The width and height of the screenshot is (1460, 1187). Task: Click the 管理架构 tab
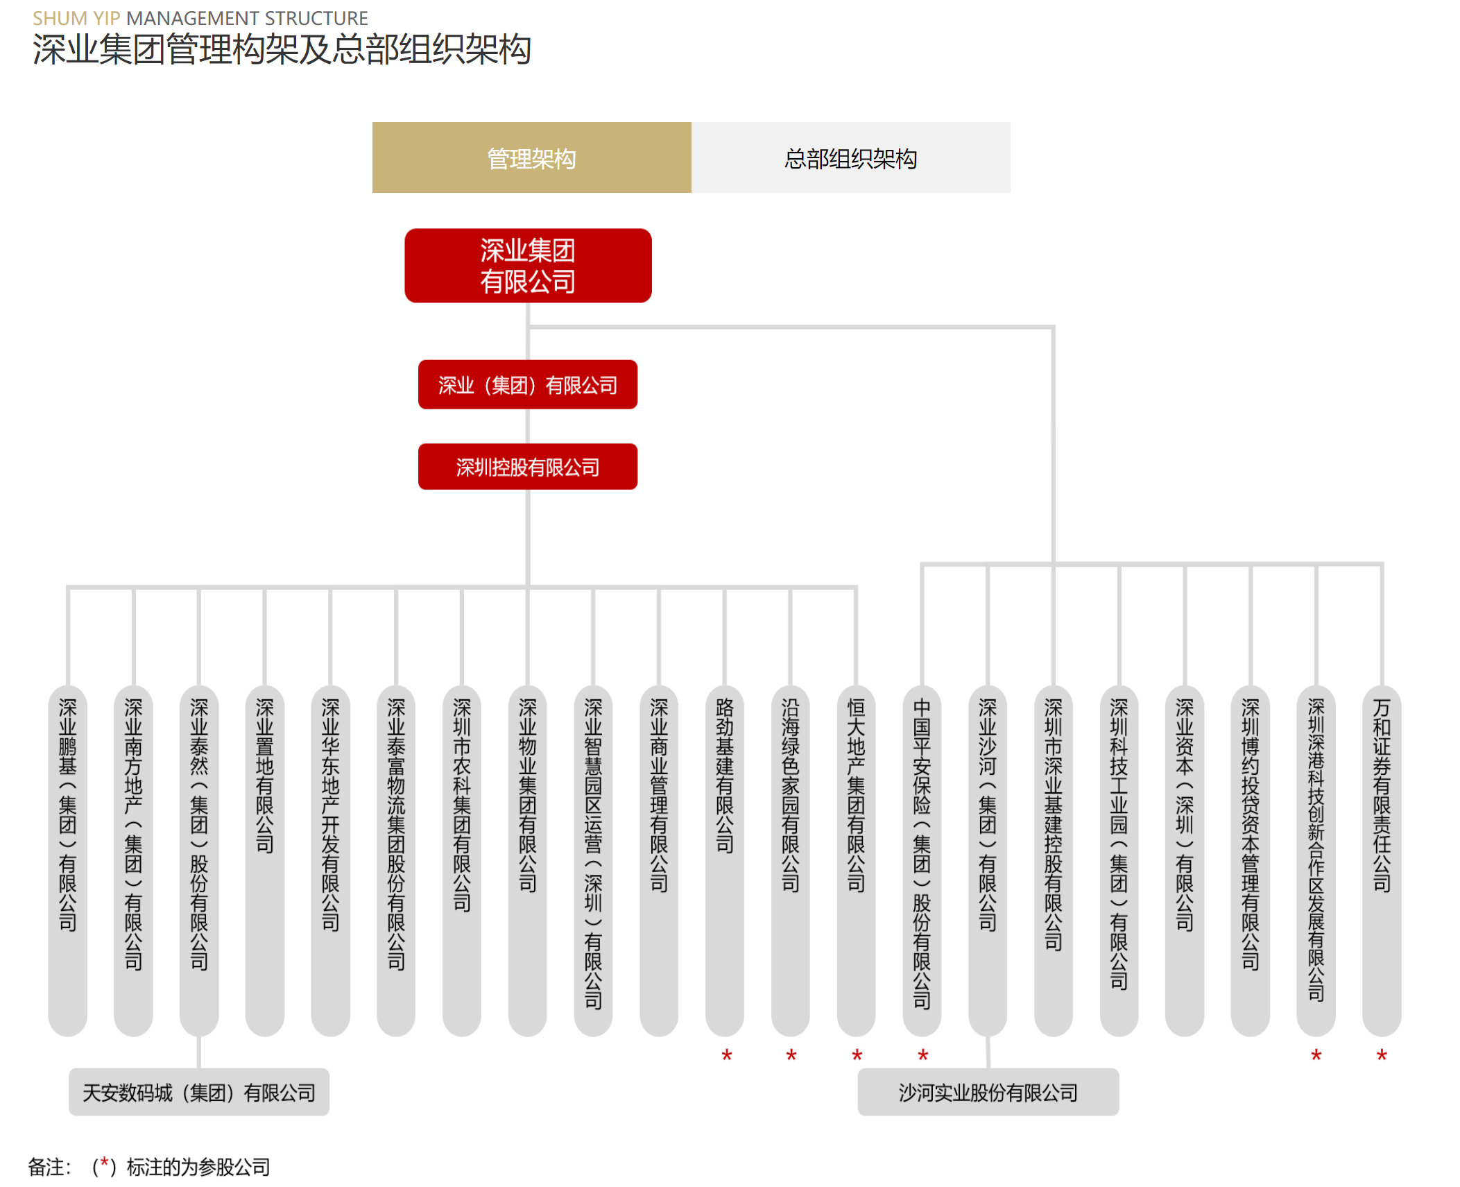(x=531, y=157)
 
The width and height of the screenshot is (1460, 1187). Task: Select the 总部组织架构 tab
(x=850, y=157)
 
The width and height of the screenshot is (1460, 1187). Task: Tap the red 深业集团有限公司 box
(x=528, y=266)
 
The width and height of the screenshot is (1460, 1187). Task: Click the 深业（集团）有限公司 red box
(x=528, y=384)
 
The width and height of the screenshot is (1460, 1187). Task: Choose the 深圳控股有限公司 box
(x=528, y=466)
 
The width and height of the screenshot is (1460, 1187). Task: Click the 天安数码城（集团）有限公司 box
(x=199, y=1092)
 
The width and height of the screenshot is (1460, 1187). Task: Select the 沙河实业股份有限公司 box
(x=988, y=1092)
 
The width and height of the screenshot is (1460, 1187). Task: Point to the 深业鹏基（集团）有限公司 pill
(x=68, y=860)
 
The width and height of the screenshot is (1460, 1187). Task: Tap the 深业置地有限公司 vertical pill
(x=265, y=860)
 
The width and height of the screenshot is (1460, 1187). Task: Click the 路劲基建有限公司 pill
(x=725, y=860)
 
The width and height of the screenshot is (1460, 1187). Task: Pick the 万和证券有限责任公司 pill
(x=1382, y=860)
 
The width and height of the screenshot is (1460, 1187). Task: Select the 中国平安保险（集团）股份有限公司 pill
(x=922, y=860)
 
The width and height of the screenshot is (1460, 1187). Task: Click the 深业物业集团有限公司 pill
(x=528, y=860)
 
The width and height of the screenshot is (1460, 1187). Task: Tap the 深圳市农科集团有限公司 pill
(x=462, y=860)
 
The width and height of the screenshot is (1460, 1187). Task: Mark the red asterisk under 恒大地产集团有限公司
(x=857, y=1055)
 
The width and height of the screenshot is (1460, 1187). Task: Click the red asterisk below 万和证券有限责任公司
(x=1382, y=1055)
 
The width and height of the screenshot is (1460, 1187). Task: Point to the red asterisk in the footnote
(x=104, y=1163)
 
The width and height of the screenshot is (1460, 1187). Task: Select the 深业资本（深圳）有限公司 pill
(x=1185, y=860)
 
